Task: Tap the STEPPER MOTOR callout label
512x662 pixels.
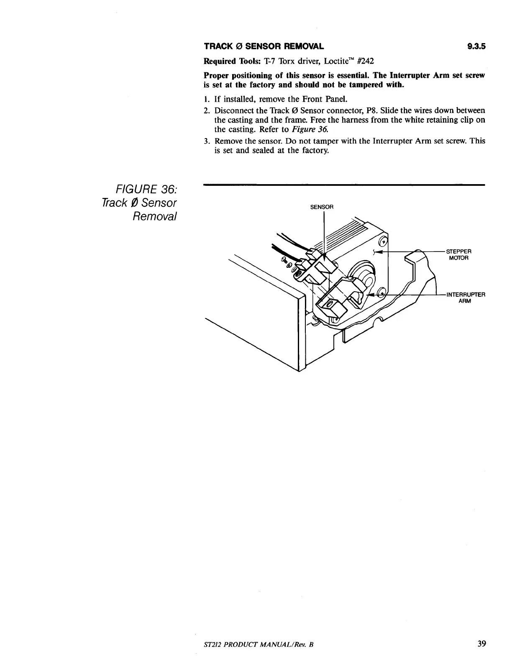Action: coord(459,254)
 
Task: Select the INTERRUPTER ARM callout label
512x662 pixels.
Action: coord(465,298)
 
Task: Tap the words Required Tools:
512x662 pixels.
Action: coord(226,61)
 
